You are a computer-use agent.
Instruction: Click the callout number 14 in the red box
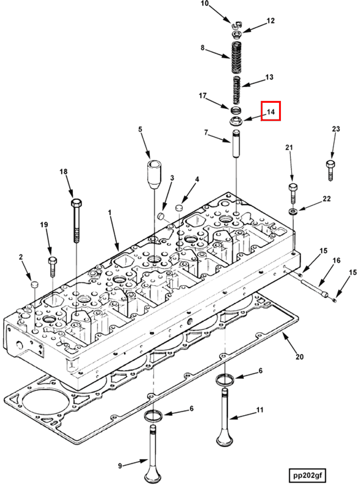pyautogui.click(x=270, y=112)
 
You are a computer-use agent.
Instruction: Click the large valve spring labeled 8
pyautogui.click(x=237, y=57)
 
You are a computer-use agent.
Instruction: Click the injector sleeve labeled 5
pyautogui.click(x=154, y=173)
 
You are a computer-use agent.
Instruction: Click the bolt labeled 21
pyautogui.click(x=293, y=192)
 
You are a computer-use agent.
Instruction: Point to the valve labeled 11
pyautogui.click(x=225, y=417)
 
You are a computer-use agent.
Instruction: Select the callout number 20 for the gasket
pyautogui.click(x=299, y=357)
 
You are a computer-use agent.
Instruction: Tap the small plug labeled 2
pyautogui.click(x=34, y=284)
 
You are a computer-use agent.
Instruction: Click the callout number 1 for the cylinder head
pyautogui.click(x=109, y=214)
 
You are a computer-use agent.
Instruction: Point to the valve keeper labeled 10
pyautogui.click(x=236, y=25)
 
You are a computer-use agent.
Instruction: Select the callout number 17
pyautogui.click(x=203, y=96)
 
